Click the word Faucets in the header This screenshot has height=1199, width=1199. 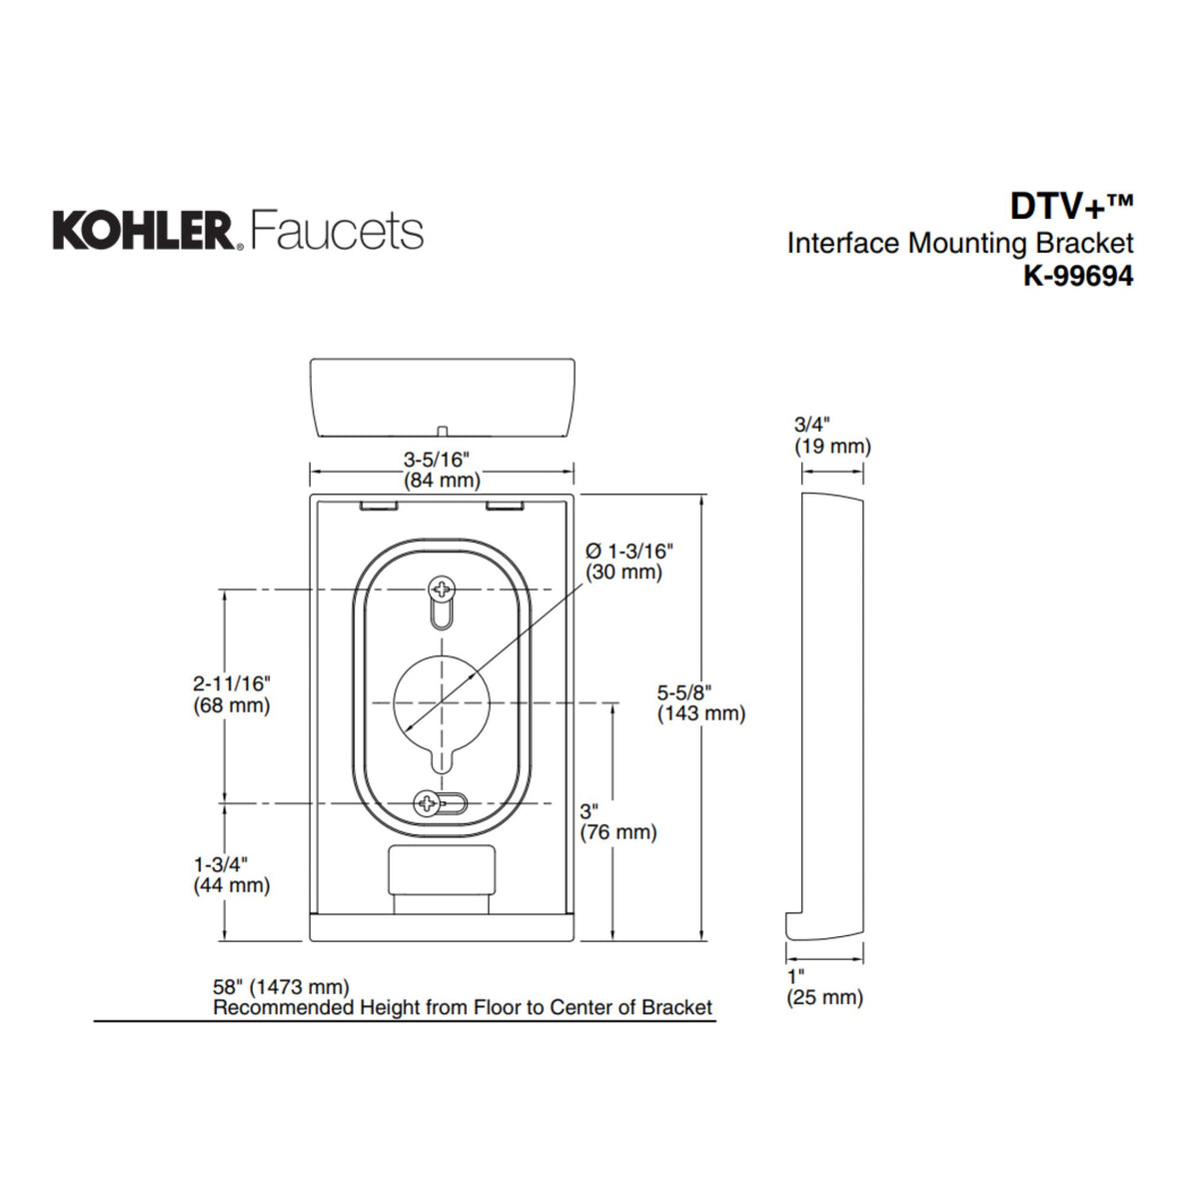337,230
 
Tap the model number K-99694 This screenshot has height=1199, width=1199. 1077,276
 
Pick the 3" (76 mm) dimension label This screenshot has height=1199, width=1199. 617,821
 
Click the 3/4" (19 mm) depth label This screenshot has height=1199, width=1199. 831,436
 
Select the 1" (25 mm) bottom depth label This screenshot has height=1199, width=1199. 824,986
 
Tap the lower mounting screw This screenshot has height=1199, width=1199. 428,802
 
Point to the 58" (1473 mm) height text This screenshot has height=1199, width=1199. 282,987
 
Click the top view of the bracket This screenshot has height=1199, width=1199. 442,398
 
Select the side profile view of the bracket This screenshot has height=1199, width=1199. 832,714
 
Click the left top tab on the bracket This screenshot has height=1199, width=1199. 377,507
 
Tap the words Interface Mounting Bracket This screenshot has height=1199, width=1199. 959,243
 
